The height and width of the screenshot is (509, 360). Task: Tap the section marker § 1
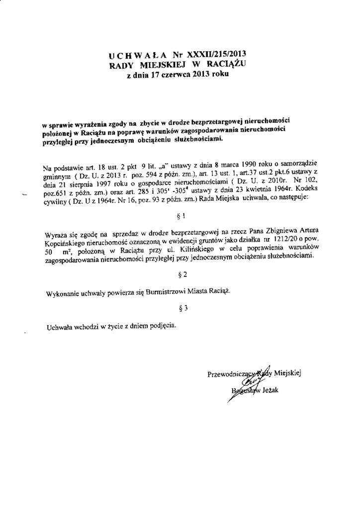(181, 217)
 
